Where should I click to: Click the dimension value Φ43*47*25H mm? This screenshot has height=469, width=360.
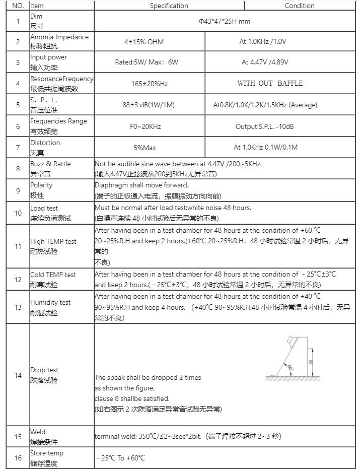click(x=224, y=22)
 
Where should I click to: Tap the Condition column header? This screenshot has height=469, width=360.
click(x=300, y=6)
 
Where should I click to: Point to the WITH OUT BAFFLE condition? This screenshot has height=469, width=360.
click(x=270, y=83)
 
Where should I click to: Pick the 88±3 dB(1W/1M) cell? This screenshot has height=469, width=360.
click(x=149, y=105)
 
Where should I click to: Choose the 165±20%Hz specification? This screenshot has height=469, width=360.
click(x=150, y=84)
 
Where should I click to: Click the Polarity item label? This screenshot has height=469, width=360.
click(x=41, y=185)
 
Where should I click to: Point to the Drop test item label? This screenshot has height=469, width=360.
click(x=44, y=370)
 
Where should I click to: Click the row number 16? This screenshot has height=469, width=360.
click(x=18, y=458)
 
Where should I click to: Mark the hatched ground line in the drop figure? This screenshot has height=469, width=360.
click(x=292, y=378)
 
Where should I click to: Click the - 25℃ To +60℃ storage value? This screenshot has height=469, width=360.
click(x=121, y=458)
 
